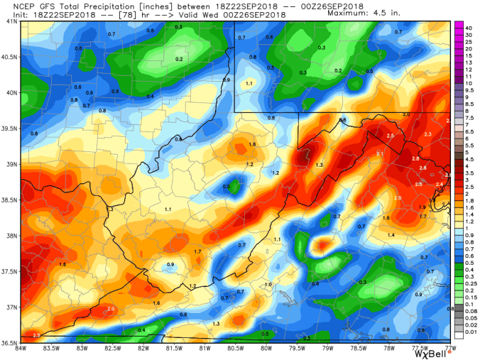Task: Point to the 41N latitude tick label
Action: coord(11,21)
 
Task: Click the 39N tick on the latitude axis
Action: coord(11,164)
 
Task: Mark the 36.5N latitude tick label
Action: coord(9,343)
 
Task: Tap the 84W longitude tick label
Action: coord(21,348)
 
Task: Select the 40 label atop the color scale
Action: coord(469,27)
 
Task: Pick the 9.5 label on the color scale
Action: coord(469,91)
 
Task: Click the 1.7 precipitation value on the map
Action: coord(197,251)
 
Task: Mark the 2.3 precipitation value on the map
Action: coord(427,134)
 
